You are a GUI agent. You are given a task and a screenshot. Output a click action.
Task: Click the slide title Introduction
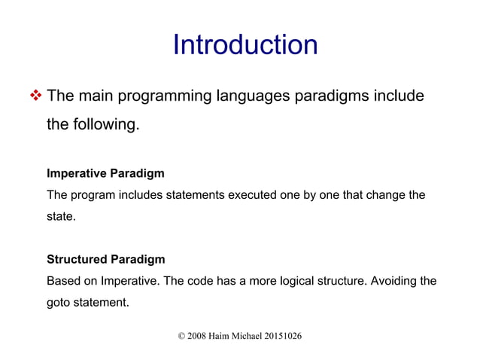tap(245, 45)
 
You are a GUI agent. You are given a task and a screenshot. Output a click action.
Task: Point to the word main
tap(96, 97)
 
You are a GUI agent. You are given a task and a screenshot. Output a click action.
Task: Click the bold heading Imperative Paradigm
tap(105, 173)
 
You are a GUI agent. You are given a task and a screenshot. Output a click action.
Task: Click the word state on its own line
tap(60, 217)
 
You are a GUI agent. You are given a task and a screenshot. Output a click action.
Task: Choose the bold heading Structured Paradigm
tap(105, 260)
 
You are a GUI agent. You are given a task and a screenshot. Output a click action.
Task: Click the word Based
tap(63, 282)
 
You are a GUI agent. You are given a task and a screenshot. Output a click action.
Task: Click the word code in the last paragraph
tap(198, 282)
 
